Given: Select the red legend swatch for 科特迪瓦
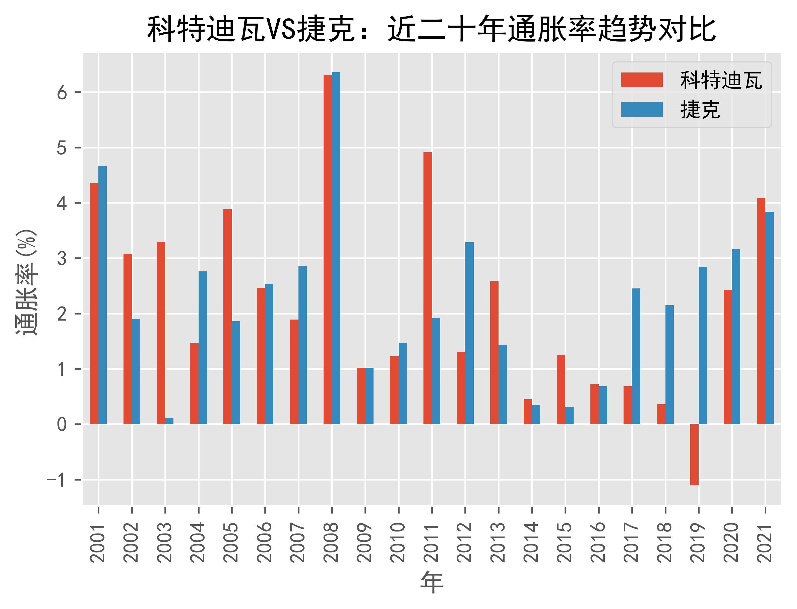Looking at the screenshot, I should (641, 80).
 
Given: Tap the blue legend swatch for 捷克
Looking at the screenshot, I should (641, 109).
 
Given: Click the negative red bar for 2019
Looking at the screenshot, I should (694, 454).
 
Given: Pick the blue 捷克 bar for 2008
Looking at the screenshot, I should (336, 248).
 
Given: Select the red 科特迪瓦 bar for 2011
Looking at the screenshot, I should (428, 288).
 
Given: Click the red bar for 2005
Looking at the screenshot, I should (227, 317).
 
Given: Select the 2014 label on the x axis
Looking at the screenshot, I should (532, 542).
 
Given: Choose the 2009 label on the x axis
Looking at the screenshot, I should (365, 542).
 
